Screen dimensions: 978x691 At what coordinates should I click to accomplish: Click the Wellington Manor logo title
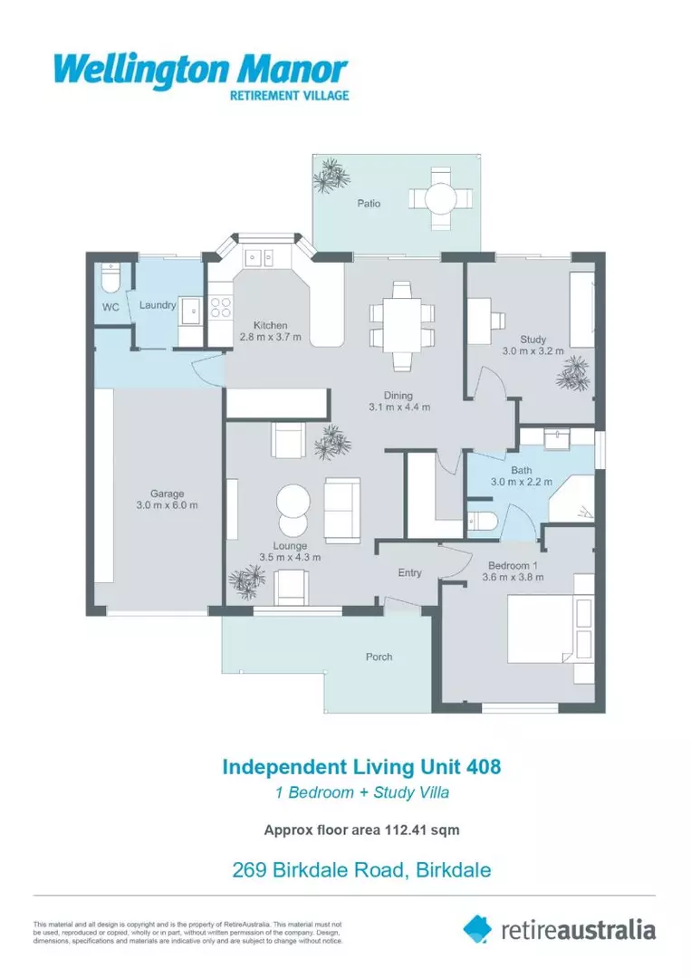click(x=200, y=69)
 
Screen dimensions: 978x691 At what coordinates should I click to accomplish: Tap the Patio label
click(x=368, y=204)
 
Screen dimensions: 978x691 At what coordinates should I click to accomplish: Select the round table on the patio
click(x=440, y=198)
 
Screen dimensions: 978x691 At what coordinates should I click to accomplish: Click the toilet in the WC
click(x=110, y=277)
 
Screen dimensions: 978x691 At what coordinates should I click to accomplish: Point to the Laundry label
click(x=157, y=305)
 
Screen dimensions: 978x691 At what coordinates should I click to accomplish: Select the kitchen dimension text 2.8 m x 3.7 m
click(x=270, y=338)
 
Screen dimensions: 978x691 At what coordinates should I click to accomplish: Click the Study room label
click(x=533, y=340)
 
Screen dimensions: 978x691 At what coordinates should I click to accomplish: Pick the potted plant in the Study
click(x=572, y=372)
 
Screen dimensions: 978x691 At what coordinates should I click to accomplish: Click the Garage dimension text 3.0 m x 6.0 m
click(x=168, y=504)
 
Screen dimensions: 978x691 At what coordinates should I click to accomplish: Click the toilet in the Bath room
click(x=480, y=523)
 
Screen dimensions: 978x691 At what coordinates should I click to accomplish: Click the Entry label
click(x=410, y=572)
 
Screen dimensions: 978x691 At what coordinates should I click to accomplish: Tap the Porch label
click(x=379, y=657)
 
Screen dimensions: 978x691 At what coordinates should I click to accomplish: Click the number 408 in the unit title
click(x=482, y=767)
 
